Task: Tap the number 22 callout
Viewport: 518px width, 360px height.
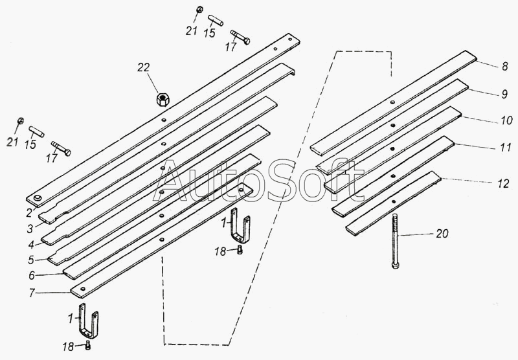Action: [x=143, y=67]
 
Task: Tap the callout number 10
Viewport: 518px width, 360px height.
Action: [x=505, y=120]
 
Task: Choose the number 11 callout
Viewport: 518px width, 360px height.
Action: [x=505, y=148]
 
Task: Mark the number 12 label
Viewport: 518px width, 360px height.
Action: [x=504, y=183]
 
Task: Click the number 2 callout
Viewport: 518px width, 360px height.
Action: [x=30, y=211]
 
